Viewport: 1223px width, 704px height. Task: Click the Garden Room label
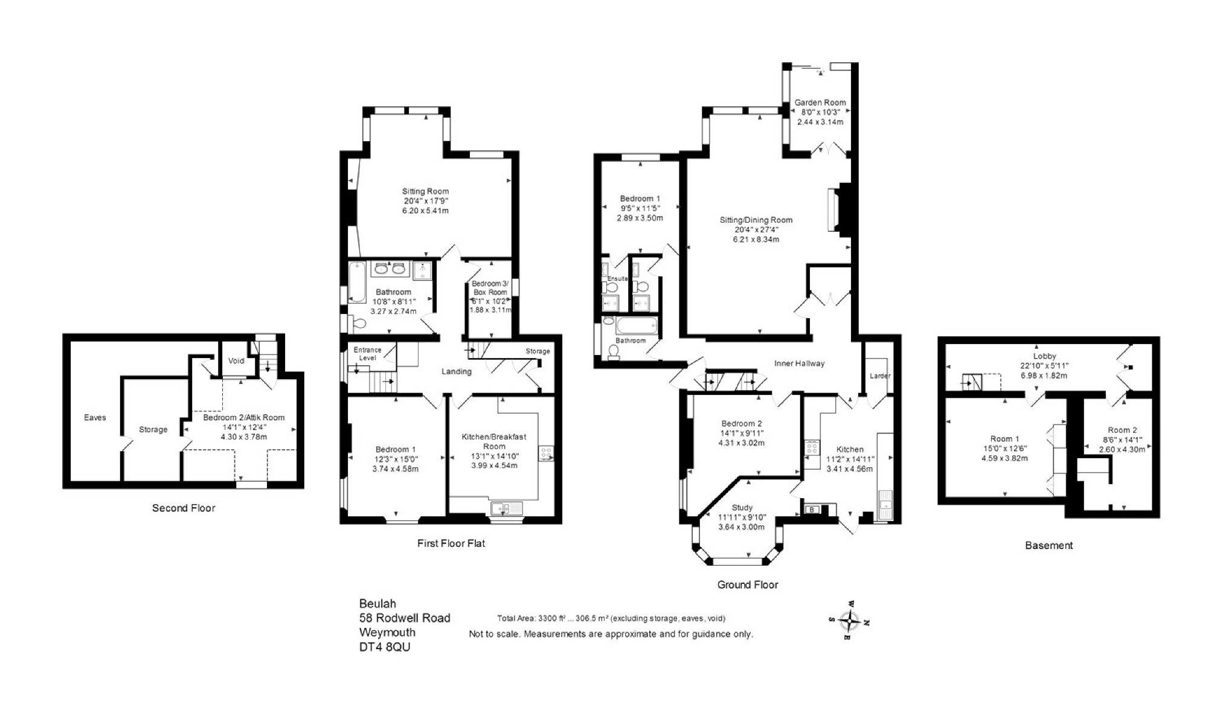point(820,103)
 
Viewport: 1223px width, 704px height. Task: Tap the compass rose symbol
point(850,620)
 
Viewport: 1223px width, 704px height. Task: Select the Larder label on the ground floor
point(880,376)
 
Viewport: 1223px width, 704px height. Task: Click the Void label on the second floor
point(236,360)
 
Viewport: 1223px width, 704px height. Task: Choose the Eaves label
point(95,417)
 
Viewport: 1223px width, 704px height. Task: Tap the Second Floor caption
point(184,508)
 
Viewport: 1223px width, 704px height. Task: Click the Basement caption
point(1049,545)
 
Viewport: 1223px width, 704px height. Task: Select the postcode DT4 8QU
point(385,647)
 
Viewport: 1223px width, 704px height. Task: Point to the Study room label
point(742,508)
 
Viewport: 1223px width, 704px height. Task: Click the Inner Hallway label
point(800,363)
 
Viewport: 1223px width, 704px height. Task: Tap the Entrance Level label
point(367,354)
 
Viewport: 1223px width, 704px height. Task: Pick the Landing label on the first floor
point(456,371)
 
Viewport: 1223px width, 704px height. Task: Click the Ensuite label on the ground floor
point(618,278)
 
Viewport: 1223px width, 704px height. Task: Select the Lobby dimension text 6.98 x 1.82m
point(1044,375)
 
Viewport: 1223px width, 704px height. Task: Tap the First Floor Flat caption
point(451,543)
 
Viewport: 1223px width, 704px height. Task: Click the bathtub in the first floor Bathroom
point(357,281)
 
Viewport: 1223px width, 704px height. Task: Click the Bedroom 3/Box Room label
point(490,288)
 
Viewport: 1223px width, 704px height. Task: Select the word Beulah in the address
point(377,603)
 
